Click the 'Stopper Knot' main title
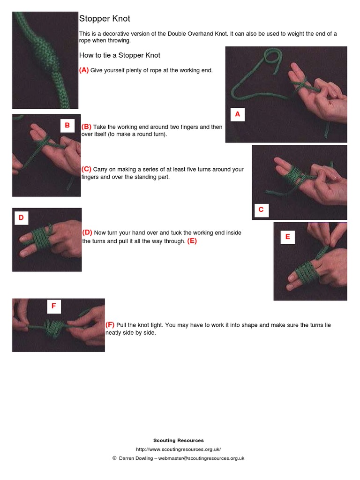105,19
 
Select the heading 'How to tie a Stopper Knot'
120,55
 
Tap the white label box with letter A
237,114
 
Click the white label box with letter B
67,125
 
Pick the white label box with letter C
261,210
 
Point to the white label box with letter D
21,217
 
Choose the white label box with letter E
287,237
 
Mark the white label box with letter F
53,306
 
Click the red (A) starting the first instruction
84,70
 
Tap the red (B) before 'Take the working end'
86,127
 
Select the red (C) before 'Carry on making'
86,169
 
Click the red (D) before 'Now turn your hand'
87,232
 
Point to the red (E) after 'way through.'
192,241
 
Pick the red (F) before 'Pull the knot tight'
110,325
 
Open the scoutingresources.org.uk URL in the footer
179,449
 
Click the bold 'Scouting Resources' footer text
179,440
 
